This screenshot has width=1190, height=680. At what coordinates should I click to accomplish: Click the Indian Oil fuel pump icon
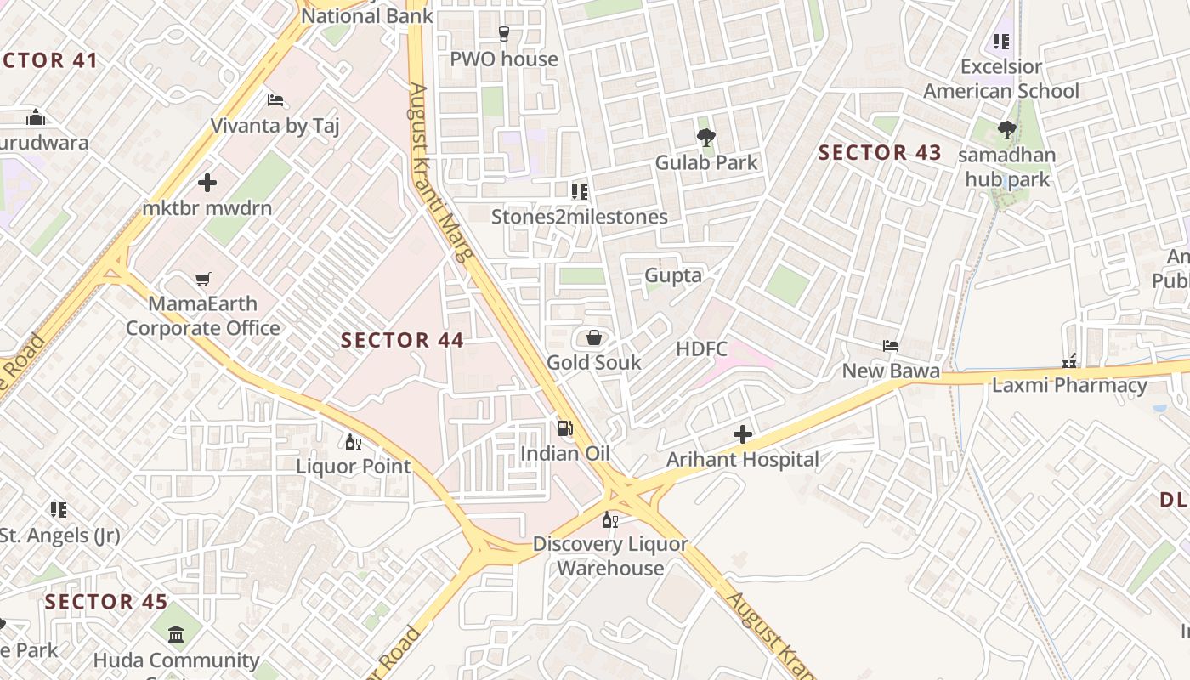coord(564,428)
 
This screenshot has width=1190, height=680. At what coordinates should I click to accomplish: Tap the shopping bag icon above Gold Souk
coord(594,337)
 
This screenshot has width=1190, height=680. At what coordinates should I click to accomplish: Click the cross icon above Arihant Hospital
coord(743,435)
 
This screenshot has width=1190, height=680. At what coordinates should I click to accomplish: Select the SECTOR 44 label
coord(402,341)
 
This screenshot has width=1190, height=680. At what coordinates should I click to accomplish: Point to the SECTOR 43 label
coord(880,153)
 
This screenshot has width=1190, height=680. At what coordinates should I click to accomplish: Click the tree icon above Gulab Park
coord(705,137)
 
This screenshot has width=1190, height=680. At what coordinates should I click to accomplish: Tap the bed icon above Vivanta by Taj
coord(275,100)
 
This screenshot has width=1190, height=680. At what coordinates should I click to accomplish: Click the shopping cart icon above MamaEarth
coord(202,279)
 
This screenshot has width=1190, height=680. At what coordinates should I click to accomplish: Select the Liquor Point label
coord(354,467)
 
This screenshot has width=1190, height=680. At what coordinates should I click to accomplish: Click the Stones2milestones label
coord(580,217)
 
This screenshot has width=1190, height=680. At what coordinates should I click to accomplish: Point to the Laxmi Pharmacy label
coord(1069,385)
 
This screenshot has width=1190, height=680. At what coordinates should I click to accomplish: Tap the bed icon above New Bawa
coord(890,346)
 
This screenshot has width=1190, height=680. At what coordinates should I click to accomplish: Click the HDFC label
coord(702,349)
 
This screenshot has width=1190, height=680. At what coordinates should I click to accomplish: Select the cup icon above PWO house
coord(504,34)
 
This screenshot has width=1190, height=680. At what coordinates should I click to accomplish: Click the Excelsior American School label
coord(1001,79)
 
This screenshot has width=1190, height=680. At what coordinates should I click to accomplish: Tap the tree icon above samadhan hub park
coord(1006,130)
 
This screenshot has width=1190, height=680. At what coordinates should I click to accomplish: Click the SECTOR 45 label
coord(106,602)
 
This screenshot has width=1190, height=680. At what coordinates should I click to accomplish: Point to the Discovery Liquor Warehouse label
coord(610,556)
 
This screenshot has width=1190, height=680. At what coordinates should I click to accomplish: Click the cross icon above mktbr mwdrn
coord(207,183)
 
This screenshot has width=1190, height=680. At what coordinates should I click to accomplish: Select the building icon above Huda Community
coord(176,634)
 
